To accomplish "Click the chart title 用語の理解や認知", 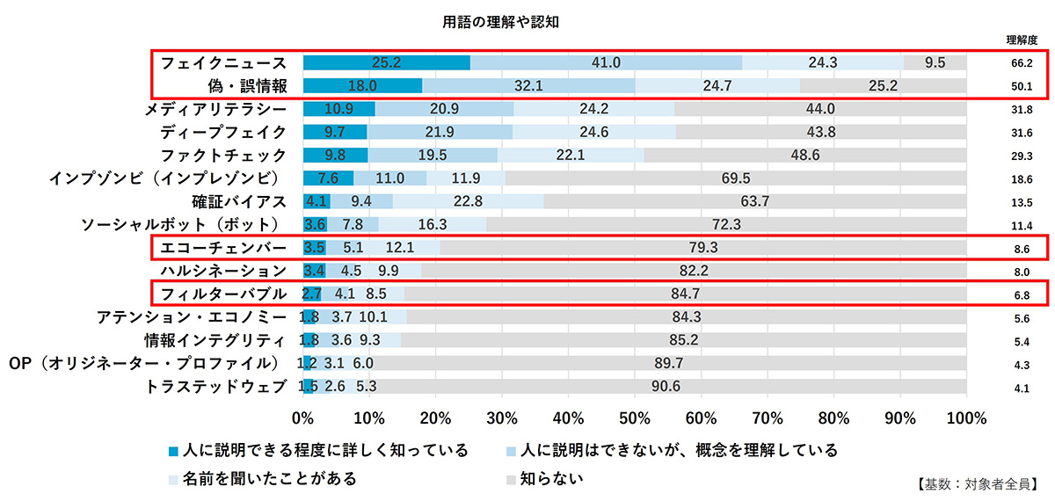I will pyautogui.click(x=500, y=21).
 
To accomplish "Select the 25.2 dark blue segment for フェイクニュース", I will pyautogui.click(x=387, y=62).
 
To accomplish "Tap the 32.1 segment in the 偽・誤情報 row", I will pyautogui.click(x=528, y=85).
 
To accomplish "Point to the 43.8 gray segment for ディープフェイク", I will pyautogui.click(x=821, y=132).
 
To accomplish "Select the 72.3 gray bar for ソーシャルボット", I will pyautogui.click(x=726, y=223).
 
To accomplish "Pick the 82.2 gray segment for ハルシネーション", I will pyautogui.click(x=694, y=270).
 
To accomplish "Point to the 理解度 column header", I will pyautogui.click(x=1022, y=40).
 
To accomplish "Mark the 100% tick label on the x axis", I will pyautogui.click(x=966, y=416).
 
